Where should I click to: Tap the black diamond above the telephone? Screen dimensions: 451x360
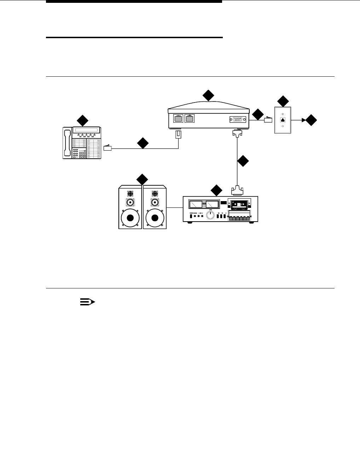[x=83, y=121]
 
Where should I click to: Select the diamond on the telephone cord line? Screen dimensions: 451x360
[x=143, y=143]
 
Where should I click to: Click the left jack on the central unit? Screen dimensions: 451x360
[x=178, y=118]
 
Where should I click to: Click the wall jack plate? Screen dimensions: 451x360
[x=283, y=120]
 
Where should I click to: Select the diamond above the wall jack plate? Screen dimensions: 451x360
[x=283, y=101]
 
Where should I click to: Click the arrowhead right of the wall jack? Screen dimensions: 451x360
[x=303, y=121]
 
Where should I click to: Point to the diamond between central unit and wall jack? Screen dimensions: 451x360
[x=258, y=114]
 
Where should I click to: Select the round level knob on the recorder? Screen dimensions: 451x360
[x=211, y=215]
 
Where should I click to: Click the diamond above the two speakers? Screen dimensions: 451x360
[x=142, y=179]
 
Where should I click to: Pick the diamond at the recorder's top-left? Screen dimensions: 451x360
[x=216, y=191]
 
